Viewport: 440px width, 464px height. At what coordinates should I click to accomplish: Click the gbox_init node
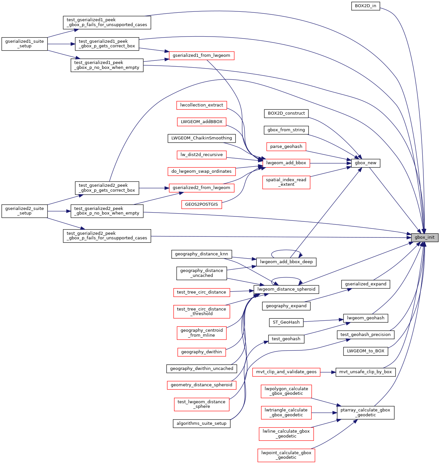tap(425, 237)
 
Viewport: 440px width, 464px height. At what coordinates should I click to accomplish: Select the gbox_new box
tap(365, 163)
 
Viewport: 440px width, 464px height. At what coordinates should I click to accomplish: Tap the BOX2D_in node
tap(365, 6)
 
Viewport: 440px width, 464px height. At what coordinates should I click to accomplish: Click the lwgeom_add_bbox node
tap(286, 163)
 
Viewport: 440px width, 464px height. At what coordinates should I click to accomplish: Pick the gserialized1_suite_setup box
tap(25, 44)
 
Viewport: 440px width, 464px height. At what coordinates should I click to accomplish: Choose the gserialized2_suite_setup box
tap(25, 211)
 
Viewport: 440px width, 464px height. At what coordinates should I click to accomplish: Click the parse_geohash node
tap(286, 147)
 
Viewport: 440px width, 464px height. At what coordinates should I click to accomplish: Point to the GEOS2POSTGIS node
tap(202, 204)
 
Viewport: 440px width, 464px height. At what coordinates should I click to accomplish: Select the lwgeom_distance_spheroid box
tap(286, 289)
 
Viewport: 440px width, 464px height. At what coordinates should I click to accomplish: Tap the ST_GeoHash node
tap(286, 322)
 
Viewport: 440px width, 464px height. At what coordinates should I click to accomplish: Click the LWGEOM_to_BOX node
tap(365, 351)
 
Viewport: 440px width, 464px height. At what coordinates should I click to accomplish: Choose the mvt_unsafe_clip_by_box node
tap(365, 372)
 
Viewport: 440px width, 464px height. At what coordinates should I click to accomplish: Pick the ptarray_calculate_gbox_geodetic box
tap(365, 412)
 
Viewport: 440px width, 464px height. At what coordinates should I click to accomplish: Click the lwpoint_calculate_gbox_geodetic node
tap(286, 455)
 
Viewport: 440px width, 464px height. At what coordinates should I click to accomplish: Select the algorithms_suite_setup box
tap(202, 424)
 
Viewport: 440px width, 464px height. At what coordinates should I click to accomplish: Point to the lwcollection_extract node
tap(202, 105)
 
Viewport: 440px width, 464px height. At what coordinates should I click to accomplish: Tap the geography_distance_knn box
tap(202, 254)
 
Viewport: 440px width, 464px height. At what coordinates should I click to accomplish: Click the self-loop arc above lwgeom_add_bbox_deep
tap(286, 250)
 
